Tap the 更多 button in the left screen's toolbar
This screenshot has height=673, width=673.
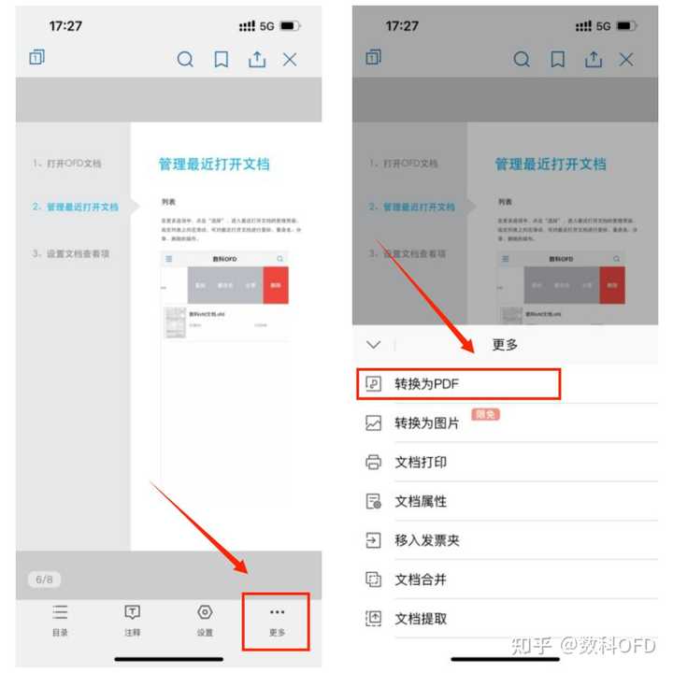coord(277,620)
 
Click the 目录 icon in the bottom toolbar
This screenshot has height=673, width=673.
coord(60,620)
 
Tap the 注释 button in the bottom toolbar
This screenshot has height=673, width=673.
coord(133,620)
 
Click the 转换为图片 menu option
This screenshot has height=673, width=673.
coord(426,423)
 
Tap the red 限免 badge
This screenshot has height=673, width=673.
coord(484,414)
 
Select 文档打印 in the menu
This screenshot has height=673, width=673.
coord(421,463)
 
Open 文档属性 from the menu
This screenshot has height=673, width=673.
coord(421,501)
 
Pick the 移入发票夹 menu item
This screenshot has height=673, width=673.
coord(426,540)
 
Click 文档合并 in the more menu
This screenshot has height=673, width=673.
coord(421,580)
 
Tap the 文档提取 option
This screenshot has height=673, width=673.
coord(421,618)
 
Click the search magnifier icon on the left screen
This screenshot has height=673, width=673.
coord(185,60)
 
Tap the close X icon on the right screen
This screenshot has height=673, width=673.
coord(626,60)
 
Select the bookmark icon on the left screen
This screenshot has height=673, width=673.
coord(222,60)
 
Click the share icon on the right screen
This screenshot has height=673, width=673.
coord(593,60)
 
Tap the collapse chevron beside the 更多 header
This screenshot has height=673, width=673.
coord(374,345)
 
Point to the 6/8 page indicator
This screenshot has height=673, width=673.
coord(45,580)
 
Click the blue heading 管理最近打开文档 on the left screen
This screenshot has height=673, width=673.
coord(214,165)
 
